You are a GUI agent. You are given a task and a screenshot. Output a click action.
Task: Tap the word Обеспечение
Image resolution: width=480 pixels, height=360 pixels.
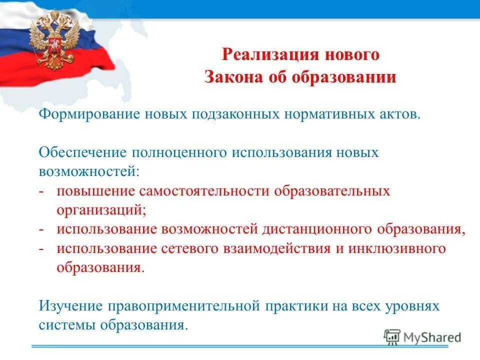[82, 152]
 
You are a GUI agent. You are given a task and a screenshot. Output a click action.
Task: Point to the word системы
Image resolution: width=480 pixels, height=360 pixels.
[67, 325]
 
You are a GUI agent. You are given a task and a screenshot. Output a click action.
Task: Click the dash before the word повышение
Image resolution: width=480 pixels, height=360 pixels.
[42, 191]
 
